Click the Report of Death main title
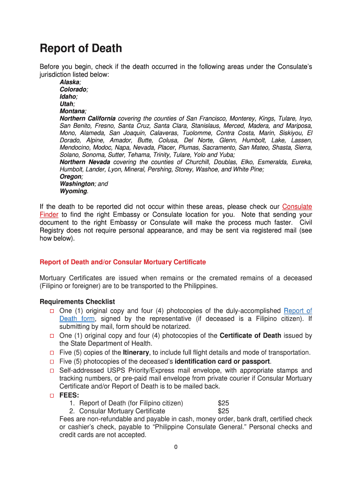point(81,49)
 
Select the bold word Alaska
point(69,82)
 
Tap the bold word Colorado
point(73,89)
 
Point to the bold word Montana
point(72,111)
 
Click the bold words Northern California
point(87,118)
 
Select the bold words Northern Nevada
point(85,162)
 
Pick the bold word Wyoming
point(73,191)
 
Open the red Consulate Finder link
point(297,206)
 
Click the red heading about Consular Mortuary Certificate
point(122,262)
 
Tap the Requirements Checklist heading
point(77,302)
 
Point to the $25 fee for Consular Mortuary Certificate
point(223,411)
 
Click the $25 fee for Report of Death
point(223,403)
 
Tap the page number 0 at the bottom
point(176,447)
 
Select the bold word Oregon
point(71,177)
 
